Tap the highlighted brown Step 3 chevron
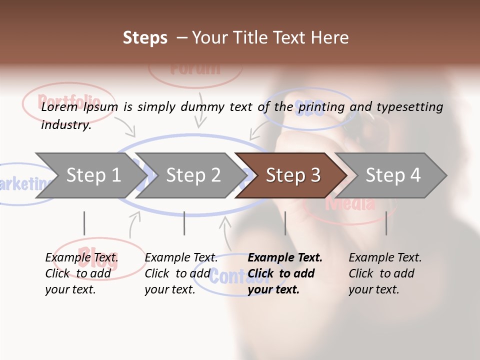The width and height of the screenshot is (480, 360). [x=292, y=175]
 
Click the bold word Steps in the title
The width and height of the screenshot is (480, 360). [x=145, y=37]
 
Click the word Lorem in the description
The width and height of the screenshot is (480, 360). [x=59, y=107]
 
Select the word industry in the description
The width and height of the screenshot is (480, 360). [x=65, y=125]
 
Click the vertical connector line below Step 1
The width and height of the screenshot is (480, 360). [x=84, y=223]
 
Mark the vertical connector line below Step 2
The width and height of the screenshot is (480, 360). [x=184, y=223]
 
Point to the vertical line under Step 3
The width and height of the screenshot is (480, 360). [x=285, y=223]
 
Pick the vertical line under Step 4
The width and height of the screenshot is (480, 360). [x=386, y=223]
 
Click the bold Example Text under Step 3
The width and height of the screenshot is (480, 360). [x=285, y=258]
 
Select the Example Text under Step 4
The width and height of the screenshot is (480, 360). [x=385, y=258]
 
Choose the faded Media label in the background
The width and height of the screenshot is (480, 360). [x=350, y=204]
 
